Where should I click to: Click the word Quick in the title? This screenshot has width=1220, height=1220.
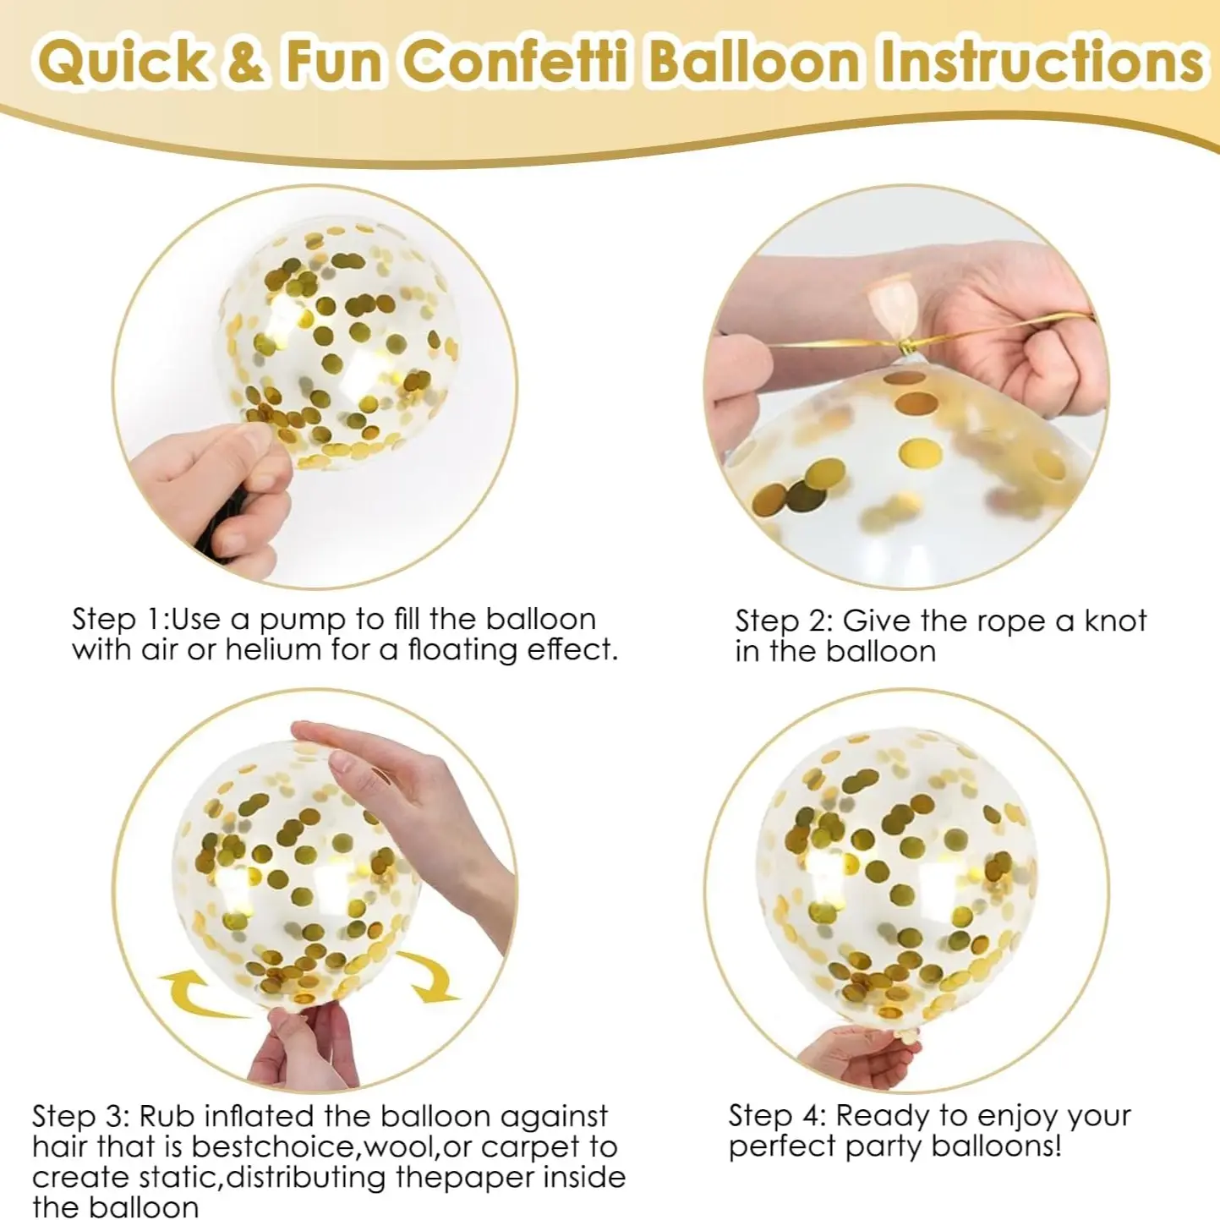(123, 63)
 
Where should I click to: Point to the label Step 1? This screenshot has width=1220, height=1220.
(120, 619)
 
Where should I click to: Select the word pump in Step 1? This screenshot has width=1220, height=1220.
(304, 621)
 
